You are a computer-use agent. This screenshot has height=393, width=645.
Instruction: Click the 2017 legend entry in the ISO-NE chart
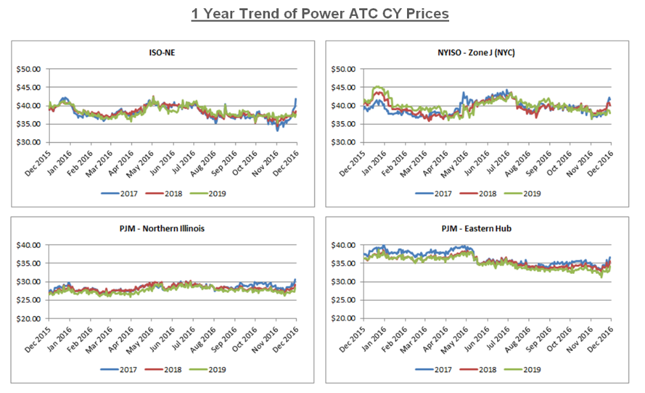click(x=120, y=193)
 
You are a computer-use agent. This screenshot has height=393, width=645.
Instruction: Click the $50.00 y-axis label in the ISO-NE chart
click(x=28, y=69)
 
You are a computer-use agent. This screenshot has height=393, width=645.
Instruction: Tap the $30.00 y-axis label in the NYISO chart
click(x=343, y=142)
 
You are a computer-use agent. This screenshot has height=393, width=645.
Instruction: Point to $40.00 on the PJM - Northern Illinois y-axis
click(x=28, y=245)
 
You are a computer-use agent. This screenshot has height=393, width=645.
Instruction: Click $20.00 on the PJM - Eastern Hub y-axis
click(x=343, y=318)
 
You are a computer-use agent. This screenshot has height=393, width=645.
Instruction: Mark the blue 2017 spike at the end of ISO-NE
click(x=296, y=99)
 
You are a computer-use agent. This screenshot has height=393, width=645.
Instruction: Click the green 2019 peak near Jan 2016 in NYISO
click(x=378, y=87)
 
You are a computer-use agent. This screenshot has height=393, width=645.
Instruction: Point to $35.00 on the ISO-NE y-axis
click(x=28, y=124)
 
